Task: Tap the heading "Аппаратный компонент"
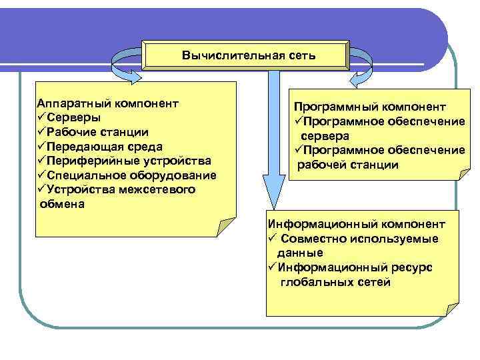click(108, 104)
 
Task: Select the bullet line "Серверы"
click(74, 118)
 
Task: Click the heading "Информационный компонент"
click(355, 225)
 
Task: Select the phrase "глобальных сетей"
click(336, 282)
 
